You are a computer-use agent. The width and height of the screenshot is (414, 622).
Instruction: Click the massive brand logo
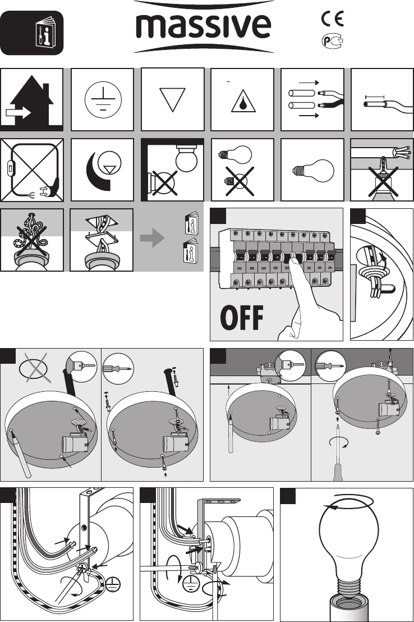204,26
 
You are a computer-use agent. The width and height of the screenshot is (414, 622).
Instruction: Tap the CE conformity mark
332,19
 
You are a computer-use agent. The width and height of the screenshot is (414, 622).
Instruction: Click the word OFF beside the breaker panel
241,318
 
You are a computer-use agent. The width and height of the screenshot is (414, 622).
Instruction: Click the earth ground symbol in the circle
103,99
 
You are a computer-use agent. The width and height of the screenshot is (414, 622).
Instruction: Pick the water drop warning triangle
243,100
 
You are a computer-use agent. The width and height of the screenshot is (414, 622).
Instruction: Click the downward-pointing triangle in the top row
173,99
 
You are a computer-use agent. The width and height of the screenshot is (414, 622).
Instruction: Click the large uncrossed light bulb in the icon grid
313,170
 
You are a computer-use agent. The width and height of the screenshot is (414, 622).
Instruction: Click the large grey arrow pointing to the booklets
152,239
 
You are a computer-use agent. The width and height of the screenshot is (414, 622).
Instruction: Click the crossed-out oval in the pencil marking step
35,368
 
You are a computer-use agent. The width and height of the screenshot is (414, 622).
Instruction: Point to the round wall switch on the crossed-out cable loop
9,168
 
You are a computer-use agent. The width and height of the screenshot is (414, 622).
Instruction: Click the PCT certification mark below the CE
332,41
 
